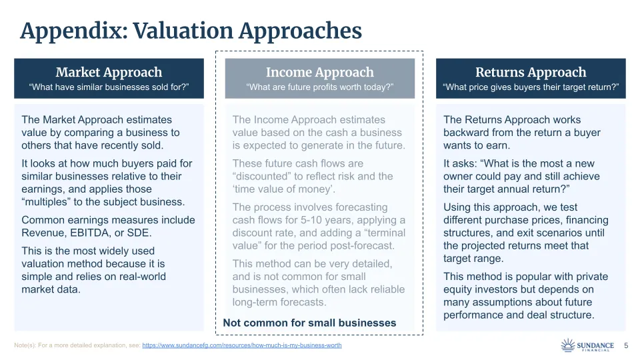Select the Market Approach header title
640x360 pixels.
pos(109,72)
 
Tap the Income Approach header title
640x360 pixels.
pos(320,72)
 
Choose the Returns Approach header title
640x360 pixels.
pos(531,72)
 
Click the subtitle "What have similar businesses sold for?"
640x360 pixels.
pos(109,87)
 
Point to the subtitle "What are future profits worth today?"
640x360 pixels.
pos(320,87)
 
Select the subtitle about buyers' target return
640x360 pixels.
pos(531,87)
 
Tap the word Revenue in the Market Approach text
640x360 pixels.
pos(42,233)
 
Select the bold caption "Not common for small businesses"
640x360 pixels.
pos(309,323)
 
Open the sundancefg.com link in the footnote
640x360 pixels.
pos(242,345)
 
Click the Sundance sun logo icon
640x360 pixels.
pos(568,345)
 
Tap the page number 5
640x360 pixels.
pos(626,345)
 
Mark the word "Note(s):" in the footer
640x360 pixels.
pos(28,345)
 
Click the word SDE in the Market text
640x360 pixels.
pos(140,233)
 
